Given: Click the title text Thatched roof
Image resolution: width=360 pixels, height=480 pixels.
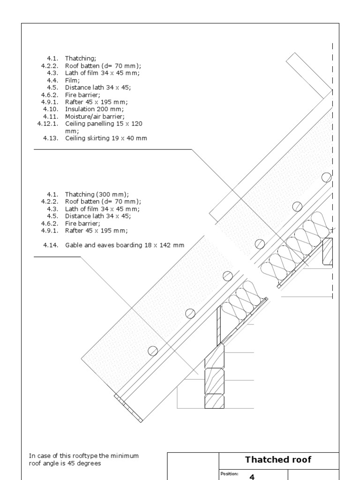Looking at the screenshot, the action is (278, 459).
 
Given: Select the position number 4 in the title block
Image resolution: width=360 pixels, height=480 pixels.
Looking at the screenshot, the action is (252, 477).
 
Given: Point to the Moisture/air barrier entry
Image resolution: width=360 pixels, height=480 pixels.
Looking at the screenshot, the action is (95, 116).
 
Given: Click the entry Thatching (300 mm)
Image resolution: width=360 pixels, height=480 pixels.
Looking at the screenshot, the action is (97, 194).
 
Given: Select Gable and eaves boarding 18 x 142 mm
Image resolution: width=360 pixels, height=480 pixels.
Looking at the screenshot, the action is (125, 245).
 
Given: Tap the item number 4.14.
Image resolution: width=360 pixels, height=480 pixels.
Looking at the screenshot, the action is (51, 245).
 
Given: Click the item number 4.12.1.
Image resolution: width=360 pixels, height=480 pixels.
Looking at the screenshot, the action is (48, 124).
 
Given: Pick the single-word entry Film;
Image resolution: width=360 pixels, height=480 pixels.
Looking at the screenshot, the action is (73, 80).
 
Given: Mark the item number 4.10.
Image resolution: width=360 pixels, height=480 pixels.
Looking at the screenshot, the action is (51, 109).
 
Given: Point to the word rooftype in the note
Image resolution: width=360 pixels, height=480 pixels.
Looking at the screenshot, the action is (78, 456).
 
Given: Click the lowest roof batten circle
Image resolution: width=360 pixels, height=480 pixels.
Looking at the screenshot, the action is (153, 350).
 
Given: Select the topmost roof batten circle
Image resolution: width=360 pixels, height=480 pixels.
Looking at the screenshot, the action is (326, 177).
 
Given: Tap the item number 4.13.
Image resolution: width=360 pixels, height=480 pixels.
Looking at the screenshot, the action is (51, 138).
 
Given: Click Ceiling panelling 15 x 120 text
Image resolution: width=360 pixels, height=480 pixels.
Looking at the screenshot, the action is (104, 124).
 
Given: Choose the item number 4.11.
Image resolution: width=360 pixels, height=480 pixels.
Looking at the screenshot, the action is (51, 116).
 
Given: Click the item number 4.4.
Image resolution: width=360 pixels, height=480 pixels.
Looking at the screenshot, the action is (52, 80).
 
